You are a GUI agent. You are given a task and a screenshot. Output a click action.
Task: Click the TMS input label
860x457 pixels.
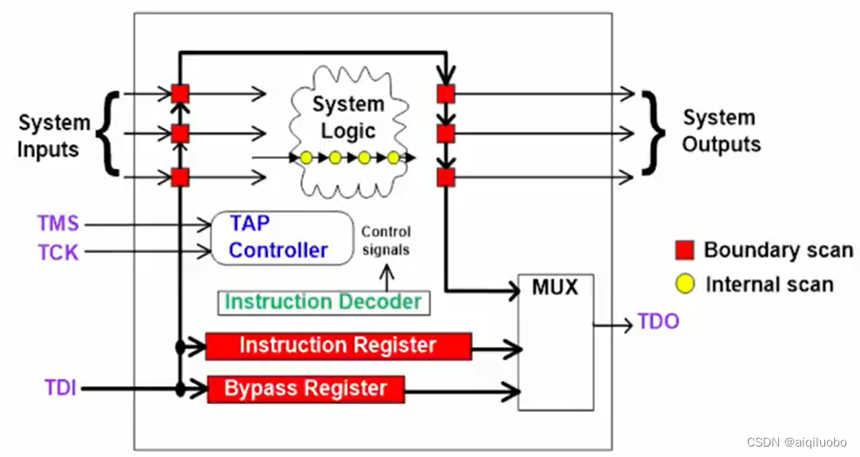coord(57,224)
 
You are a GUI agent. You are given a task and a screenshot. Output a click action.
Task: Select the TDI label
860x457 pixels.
coord(60,387)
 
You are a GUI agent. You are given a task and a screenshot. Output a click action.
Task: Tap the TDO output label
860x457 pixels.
coord(657,321)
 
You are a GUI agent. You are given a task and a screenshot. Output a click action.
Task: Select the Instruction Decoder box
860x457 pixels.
coord(323,301)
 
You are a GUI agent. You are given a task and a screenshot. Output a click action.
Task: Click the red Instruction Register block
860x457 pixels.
coord(338,345)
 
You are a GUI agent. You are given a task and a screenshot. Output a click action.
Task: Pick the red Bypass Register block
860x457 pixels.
coord(305,388)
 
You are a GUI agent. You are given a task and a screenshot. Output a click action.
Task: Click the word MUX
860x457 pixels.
coord(556,287)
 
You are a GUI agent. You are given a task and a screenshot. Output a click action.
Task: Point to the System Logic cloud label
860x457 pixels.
coord(348,117)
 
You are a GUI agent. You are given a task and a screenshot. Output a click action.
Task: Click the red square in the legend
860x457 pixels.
coord(684,251)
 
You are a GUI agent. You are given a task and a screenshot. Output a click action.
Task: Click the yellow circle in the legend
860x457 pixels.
coord(684,284)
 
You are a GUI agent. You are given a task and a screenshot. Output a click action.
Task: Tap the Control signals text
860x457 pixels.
coord(385,241)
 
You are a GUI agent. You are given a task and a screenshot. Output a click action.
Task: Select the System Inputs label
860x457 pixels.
coord(53,136)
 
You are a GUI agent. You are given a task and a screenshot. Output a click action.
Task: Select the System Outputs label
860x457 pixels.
coord(720,130)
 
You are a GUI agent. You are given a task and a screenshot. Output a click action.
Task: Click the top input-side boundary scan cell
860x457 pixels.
coord(180,93)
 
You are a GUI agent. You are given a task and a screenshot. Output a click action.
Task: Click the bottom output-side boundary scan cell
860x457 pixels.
coord(445,177)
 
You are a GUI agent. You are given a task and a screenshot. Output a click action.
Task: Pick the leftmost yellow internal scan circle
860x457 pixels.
coord(305,157)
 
